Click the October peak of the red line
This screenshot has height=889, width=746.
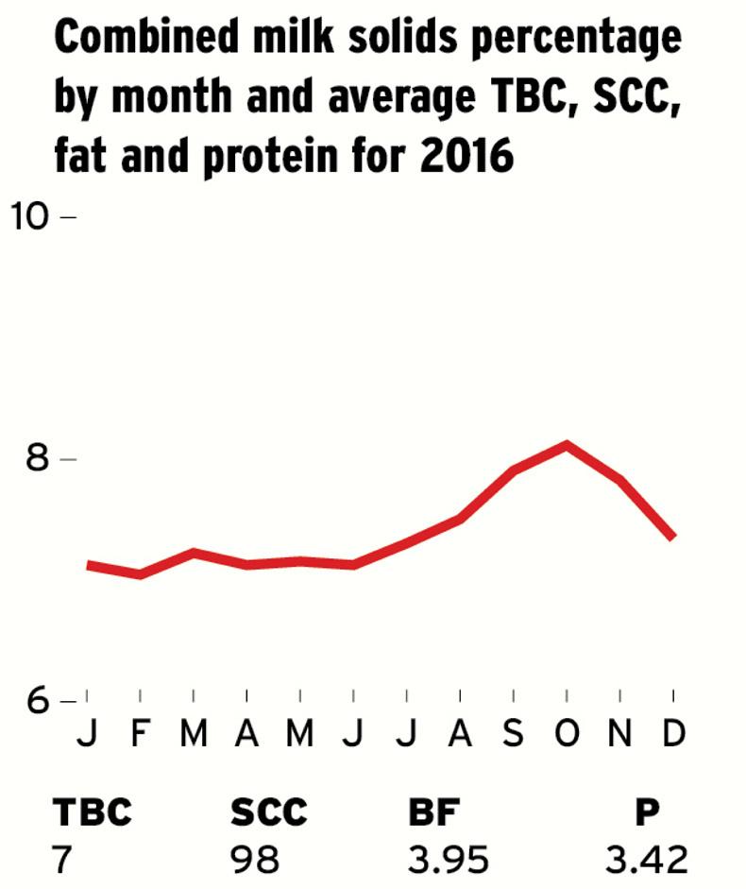[567, 444]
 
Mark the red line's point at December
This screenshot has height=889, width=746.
[672, 537]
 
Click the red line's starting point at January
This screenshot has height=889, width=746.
[88, 565]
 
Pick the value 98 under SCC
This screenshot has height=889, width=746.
[255, 860]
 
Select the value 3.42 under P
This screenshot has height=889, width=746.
[647, 860]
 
